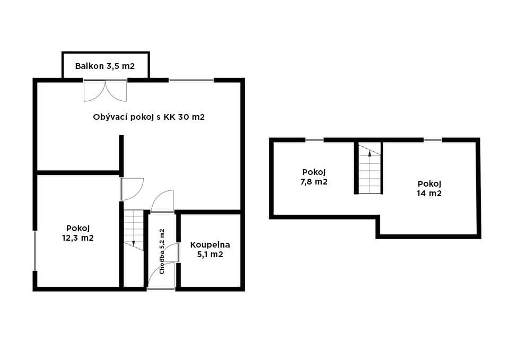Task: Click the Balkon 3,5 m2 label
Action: click(x=105, y=66)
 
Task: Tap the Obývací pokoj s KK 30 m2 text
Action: click(x=148, y=117)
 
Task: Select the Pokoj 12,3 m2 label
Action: click(x=78, y=233)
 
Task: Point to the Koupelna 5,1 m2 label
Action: click(x=210, y=249)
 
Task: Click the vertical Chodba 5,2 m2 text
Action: click(x=162, y=252)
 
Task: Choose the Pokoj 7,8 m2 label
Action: click(x=314, y=177)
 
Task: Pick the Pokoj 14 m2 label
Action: click(x=429, y=189)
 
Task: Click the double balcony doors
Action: click(x=105, y=91)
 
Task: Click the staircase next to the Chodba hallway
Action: click(x=134, y=230)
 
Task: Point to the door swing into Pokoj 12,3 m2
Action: click(x=132, y=189)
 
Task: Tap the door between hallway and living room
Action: click(x=162, y=201)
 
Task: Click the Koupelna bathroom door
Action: click(x=174, y=252)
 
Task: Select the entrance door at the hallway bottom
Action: click(x=161, y=276)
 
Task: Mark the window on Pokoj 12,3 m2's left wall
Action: click(x=35, y=250)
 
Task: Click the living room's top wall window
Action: click(x=191, y=80)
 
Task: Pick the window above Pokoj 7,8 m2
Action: click(x=314, y=140)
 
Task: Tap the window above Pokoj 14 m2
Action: click(x=433, y=140)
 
